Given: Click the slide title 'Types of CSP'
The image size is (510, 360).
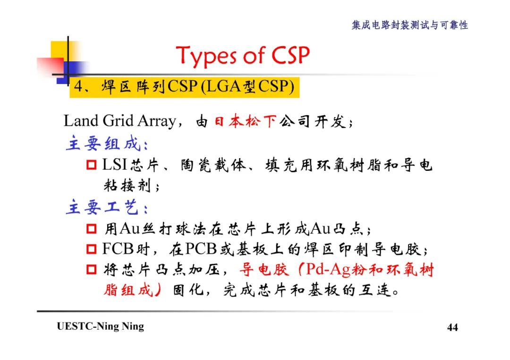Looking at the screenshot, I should [243, 56].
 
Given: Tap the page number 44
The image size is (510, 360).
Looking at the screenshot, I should [452, 327].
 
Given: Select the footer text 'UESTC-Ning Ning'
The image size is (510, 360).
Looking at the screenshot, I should [100, 327].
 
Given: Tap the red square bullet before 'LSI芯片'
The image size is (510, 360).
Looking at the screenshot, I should [92, 165].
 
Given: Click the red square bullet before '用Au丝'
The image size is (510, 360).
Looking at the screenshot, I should [92, 230].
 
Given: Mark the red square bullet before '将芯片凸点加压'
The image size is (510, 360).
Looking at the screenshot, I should [92, 270].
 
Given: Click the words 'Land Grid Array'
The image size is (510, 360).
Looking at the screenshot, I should [119, 122].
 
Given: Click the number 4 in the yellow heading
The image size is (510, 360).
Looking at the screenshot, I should [78, 88].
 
